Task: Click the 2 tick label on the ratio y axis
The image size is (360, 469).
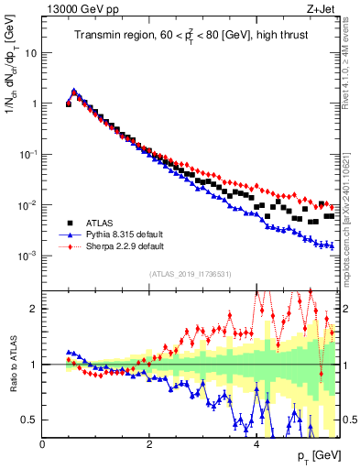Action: [x=35, y=309]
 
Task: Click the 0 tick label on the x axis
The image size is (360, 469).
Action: [x=42, y=444]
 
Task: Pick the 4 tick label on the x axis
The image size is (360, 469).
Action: [x=256, y=444]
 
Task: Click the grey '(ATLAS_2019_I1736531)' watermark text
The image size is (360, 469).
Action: [x=191, y=274]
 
